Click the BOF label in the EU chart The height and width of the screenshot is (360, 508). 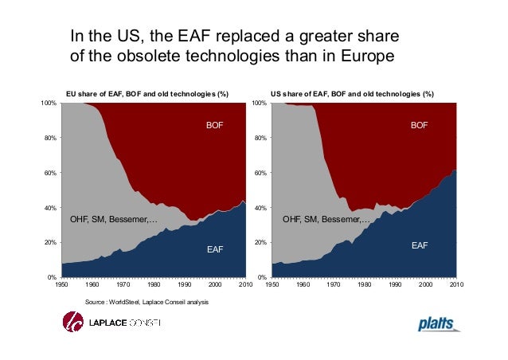(215, 126)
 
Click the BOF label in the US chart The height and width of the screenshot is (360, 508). (420, 126)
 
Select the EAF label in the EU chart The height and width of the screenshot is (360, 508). (215, 250)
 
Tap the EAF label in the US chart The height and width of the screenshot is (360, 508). (420, 246)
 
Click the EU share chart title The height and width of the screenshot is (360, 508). (147, 94)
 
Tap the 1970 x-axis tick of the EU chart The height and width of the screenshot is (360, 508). (123, 284)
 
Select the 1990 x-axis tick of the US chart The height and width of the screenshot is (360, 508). (395, 284)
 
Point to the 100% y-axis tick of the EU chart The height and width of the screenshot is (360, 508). (49, 104)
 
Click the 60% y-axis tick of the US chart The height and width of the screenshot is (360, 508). (260, 173)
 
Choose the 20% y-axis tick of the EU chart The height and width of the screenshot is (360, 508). (50, 242)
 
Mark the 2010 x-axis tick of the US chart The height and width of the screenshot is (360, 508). (456, 284)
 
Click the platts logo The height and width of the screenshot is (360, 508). (439, 324)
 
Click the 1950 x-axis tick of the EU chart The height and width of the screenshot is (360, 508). (61, 284)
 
